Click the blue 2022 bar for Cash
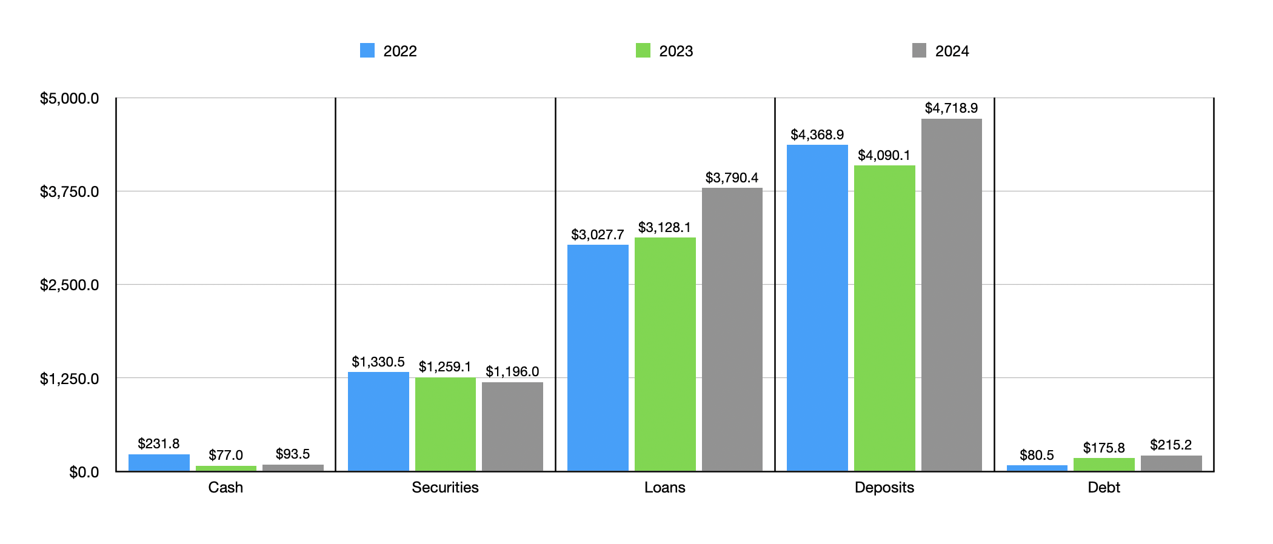point(159,463)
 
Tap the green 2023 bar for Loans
point(665,354)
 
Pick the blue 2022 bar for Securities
point(378,422)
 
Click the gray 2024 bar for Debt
point(1171,463)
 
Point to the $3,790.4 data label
point(732,177)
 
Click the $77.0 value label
point(226,455)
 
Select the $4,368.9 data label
point(817,134)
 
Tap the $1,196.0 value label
point(512,371)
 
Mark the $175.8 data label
point(1104,448)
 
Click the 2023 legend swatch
point(643,50)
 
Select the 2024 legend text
point(952,51)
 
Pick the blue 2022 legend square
point(367,50)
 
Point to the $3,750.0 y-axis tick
point(69,191)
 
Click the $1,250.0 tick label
point(69,379)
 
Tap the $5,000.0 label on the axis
point(69,98)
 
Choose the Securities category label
point(445,487)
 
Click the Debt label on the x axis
point(1104,487)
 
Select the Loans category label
point(665,487)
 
